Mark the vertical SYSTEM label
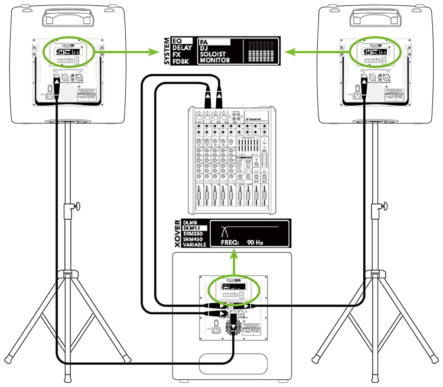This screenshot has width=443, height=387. point(166,51)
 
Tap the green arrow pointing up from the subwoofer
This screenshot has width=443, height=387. point(234,260)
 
